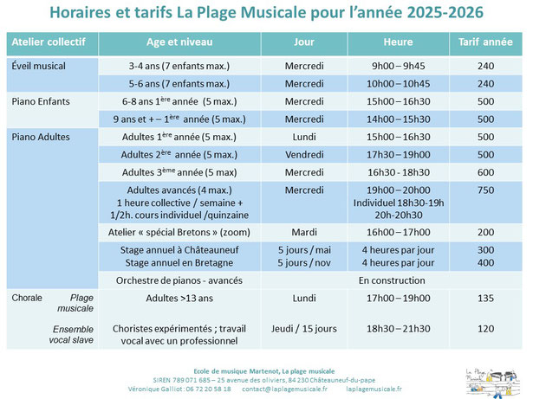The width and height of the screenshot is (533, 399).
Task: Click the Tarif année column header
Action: [x=485, y=42]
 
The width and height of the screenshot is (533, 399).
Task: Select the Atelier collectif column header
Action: [x=50, y=42]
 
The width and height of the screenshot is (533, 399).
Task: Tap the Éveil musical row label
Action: [x=38, y=65]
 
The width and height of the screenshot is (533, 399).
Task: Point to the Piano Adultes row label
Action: [x=41, y=137]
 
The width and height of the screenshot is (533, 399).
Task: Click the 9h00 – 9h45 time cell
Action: [x=398, y=65]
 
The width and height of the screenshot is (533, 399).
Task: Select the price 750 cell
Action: [x=485, y=190]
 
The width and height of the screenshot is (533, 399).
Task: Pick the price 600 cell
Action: [x=485, y=172]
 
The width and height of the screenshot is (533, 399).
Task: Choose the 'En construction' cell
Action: [x=398, y=280]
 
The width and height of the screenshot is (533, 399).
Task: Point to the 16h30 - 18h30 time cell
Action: [x=398, y=172]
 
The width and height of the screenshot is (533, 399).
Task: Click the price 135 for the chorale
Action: [x=485, y=299]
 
